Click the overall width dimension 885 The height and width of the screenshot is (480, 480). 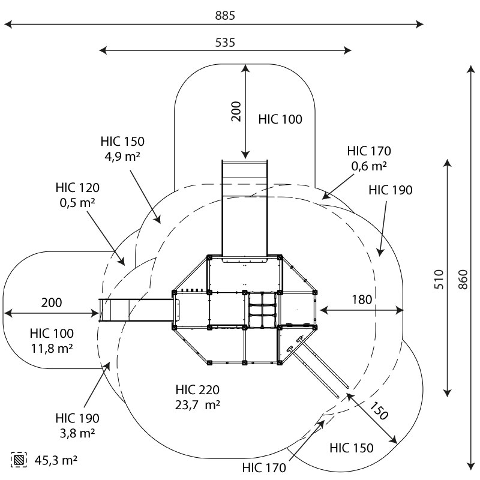click(225, 16)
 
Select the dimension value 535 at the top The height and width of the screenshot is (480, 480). click(225, 43)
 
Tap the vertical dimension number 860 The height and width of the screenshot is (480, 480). click(462, 277)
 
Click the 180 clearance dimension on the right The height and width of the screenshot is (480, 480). click(362, 299)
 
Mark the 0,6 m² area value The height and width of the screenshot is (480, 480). click(369, 166)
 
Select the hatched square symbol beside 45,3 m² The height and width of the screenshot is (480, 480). click(20, 460)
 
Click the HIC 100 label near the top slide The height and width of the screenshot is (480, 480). click(280, 119)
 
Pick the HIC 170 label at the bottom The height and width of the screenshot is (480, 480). click(265, 467)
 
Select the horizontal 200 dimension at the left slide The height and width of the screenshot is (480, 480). click(52, 303)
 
